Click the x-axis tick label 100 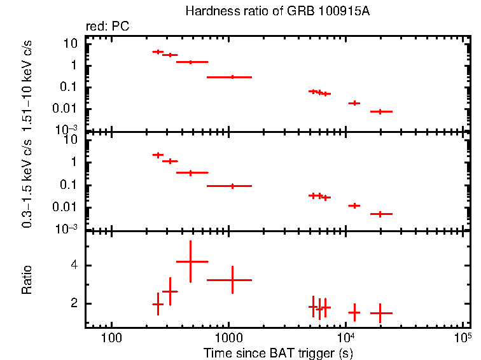(x=112, y=338)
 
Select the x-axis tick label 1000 (x=228, y=338)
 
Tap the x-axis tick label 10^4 (x=345, y=336)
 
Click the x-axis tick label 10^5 (x=463, y=336)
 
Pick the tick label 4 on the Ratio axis (x=74, y=265)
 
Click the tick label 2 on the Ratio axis (x=74, y=304)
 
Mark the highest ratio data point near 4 (x=191, y=261)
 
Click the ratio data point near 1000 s (x=232, y=280)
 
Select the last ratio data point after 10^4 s (x=380, y=313)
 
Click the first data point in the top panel (x=158, y=52)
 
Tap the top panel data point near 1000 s (x=232, y=77)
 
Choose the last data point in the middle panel (x=380, y=214)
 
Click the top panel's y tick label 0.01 (x=68, y=109)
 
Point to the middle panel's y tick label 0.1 (x=71, y=185)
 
